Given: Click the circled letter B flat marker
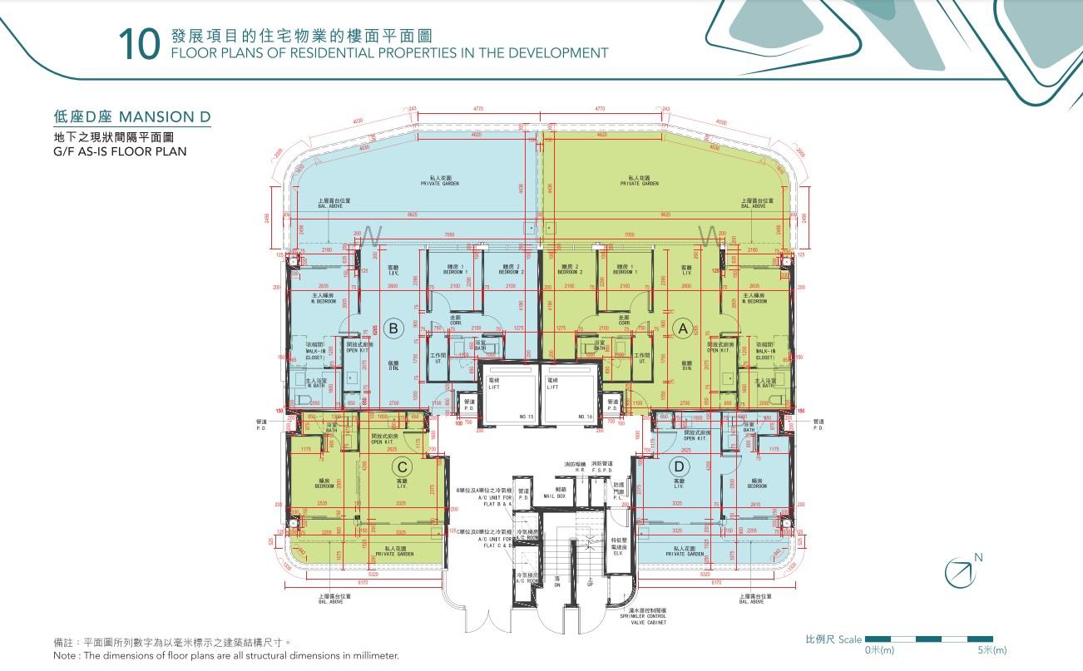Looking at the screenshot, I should pyautogui.click(x=395, y=328).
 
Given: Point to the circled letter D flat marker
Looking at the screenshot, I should pyautogui.click(x=679, y=466).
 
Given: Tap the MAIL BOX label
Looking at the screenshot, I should pyautogui.click(x=555, y=495).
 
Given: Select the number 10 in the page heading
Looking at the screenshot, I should pyautogui.click(x=139, y=45).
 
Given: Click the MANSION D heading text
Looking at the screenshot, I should pyautogui.click(x=164, y=116).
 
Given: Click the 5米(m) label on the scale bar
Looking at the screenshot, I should pyautogui.click(x=992, y=650).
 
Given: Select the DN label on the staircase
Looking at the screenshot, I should pyautogui.click(x=557, y=585).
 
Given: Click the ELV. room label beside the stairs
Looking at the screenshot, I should pyautogui.click(x=618, y=552).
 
